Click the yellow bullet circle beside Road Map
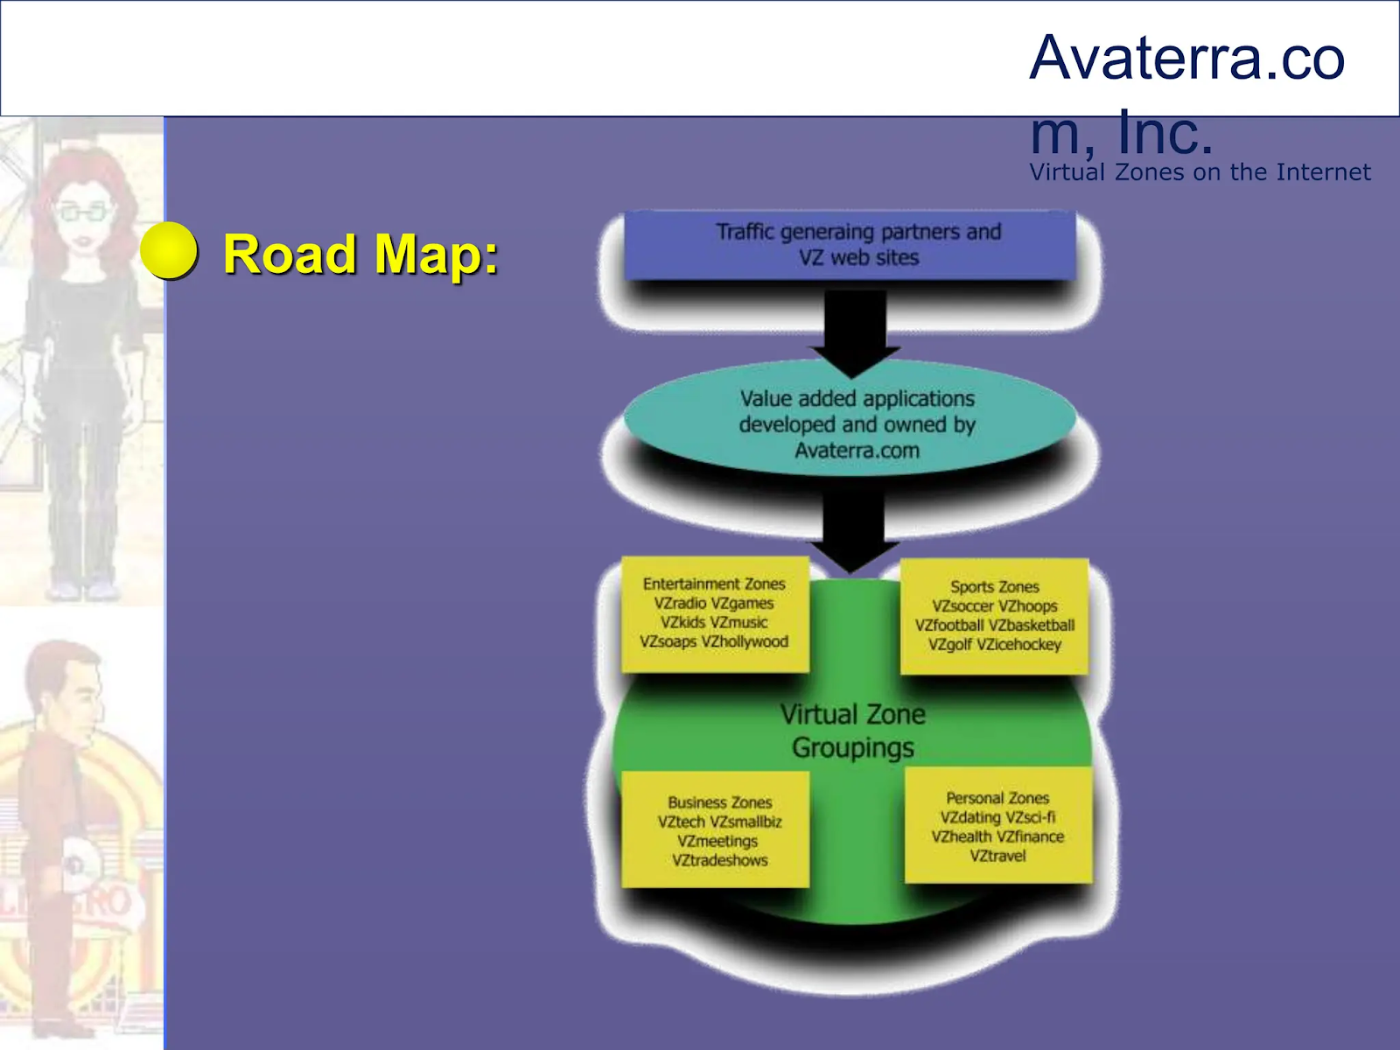[169, 251]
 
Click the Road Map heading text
[360, 255]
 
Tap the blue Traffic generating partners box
[849, 245]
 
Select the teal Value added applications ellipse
[849, 423]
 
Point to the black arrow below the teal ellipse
[853, 529]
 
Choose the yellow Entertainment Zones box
[714, 612]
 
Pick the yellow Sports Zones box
[994, 616]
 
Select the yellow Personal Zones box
[997, 826]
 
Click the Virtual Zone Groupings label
[853, 731]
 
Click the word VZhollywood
[745, 641]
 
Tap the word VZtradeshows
[719, 860]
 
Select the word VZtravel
[997, 856]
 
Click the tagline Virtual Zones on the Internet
[1200, 172]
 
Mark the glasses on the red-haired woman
[83, 211]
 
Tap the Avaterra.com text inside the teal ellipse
[857, 451]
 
